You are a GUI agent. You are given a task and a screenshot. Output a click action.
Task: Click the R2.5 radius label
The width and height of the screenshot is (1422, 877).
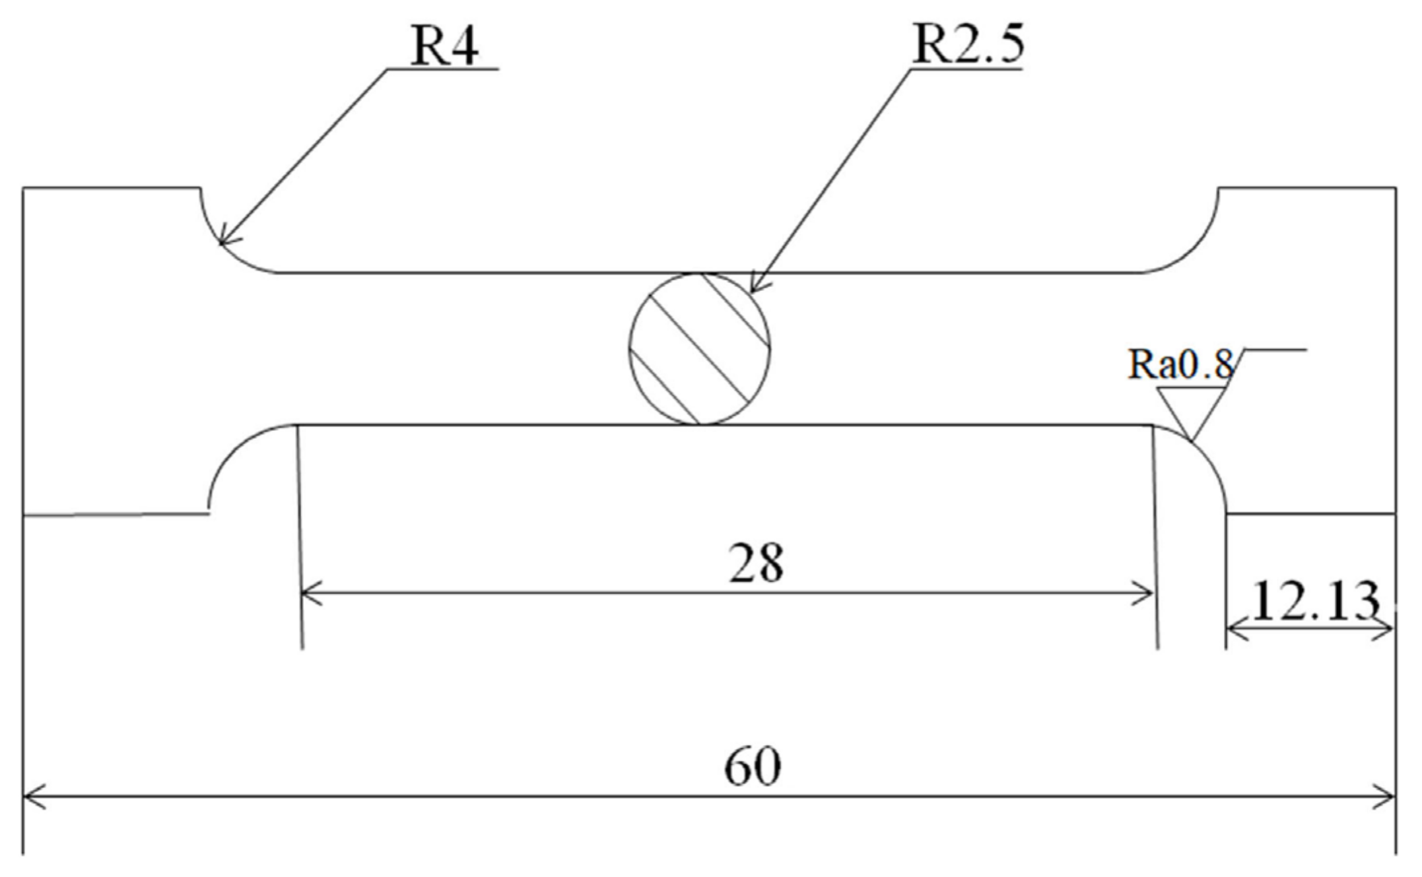pos(968,44)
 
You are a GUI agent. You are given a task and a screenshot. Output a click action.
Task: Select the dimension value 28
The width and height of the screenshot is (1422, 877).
pos(757,564)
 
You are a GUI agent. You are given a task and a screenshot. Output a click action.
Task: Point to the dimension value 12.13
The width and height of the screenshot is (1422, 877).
pos(1314,602)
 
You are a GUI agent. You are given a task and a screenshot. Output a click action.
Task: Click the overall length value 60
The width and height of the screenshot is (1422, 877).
pos(753,767)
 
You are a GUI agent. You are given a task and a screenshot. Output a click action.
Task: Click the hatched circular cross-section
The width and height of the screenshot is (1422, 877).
pos(700,348)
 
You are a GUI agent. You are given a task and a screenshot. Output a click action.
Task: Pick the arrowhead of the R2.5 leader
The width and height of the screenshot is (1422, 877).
pos(755,288)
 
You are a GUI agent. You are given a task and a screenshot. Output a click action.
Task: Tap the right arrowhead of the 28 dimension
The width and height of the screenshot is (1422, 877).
pos(1146,593)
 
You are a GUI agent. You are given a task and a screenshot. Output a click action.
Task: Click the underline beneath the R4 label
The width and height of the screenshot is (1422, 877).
pos(442,68)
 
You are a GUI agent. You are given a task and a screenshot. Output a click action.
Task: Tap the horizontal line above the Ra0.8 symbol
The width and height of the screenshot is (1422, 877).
pos(1274,349)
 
